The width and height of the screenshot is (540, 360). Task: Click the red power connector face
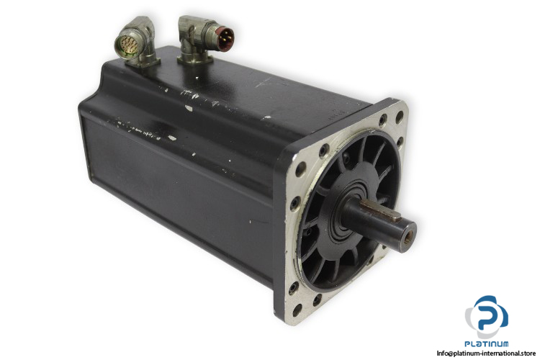pyautogui.click(x=225, y=39)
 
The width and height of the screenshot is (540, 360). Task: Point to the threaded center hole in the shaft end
pyautogui.click(x=407, y=238)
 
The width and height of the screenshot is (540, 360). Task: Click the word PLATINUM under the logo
pyautogui.click(x=487, y=343)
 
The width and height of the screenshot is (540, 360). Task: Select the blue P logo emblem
pyautogui.click(x=487, y=316)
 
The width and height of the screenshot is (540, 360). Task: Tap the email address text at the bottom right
pyautogui.click(x=486, y=354)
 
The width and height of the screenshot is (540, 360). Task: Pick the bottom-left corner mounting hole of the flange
pyautogui.click(x=297, y=310)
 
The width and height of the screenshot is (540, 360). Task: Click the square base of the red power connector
pyautogui.click(x=194, y=60)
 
